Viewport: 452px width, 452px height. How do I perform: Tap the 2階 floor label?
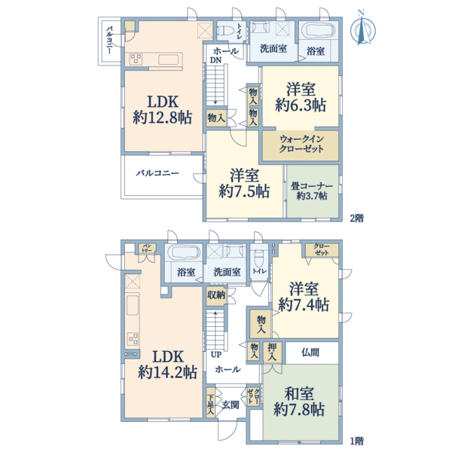point(357,218)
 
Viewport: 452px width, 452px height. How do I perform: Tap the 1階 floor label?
point(357,439)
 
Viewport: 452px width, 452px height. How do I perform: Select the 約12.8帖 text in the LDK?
point(162,118)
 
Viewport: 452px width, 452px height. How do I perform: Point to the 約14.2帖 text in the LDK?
point(167,371)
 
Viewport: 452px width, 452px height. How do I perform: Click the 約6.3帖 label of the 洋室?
point(299,105)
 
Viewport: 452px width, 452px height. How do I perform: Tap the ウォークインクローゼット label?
point(301,144)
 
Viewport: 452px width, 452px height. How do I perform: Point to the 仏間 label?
point(310,352)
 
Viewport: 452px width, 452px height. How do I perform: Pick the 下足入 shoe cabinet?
point(211,405)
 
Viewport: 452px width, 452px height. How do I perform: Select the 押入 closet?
point(273,351)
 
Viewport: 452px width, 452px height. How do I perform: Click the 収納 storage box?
point(215,295)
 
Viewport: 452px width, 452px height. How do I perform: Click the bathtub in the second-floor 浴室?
point(320,33)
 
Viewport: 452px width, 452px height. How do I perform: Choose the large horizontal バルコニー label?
point(157,173)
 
